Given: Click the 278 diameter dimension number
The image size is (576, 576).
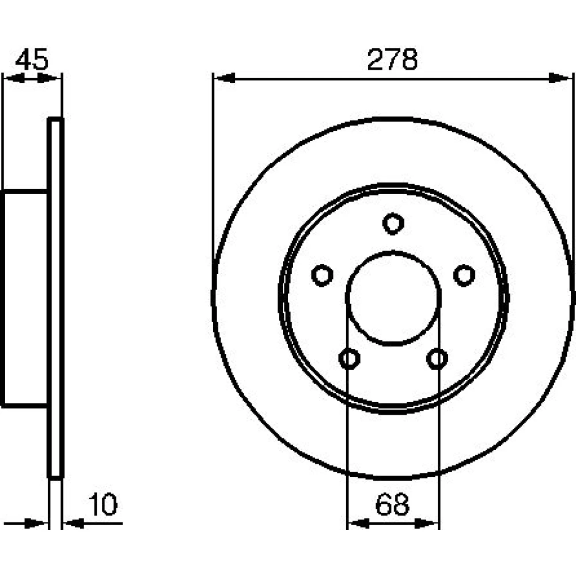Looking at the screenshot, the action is click(x=392, y=59).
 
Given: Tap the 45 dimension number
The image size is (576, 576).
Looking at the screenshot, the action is click(x=32, y=59).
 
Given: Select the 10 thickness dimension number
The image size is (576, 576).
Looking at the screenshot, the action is click(x=103, y=505).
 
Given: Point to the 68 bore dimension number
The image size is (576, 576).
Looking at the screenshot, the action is click(x=392, y=505).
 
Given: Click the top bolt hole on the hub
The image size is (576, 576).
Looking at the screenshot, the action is click(x=393, y=223).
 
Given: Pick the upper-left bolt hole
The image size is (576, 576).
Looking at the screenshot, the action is click(x=322, y=275).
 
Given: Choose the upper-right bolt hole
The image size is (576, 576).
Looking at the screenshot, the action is click(x=464, y=275).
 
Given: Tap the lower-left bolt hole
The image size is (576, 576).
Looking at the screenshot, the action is click(x=349, y=358).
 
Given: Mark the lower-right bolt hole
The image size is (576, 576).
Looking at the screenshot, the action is click(x=437, y=358).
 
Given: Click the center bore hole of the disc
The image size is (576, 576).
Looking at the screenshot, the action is click(x=393, y=298).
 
